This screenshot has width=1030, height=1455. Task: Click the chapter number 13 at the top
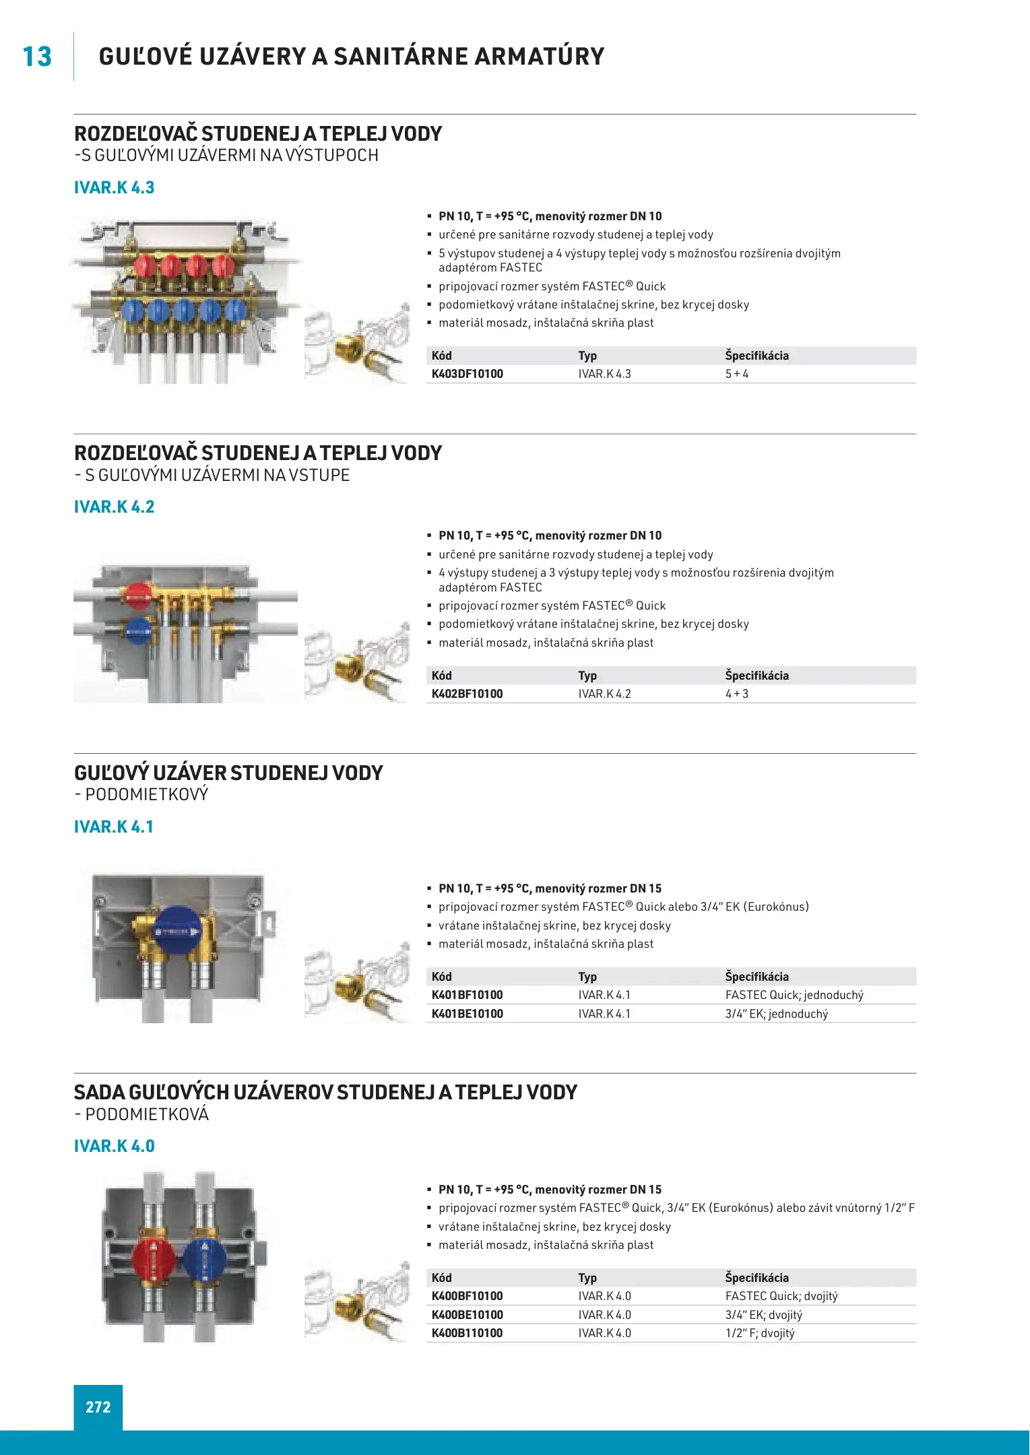point(37,57)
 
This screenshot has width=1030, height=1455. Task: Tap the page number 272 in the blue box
point(98,1406)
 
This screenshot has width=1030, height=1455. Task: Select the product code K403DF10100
point(467,374)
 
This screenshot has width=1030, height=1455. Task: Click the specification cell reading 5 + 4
point(736,374)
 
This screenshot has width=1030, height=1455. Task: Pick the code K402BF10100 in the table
point(467,694)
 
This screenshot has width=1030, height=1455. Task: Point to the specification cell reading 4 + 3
point(736,694)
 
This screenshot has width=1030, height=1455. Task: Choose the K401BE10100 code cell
point(467,1014)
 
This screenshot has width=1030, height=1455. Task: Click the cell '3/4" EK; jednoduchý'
point(776,1014)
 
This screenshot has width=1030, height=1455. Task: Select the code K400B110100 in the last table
point(467,1333)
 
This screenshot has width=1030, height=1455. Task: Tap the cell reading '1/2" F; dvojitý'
point(759,1333)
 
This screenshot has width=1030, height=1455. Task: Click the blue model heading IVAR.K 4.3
point(114,187)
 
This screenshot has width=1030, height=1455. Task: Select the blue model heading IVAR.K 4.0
point(114,1146)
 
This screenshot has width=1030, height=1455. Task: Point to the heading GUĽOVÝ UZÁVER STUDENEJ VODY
point(228,773)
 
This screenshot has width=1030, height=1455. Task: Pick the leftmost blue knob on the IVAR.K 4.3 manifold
point(132,311)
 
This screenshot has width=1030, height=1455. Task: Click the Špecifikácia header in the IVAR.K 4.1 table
point(757,977)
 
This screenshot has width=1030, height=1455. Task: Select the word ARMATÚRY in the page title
point(537,57)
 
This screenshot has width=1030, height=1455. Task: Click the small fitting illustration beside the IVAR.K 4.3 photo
point(357,344)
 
